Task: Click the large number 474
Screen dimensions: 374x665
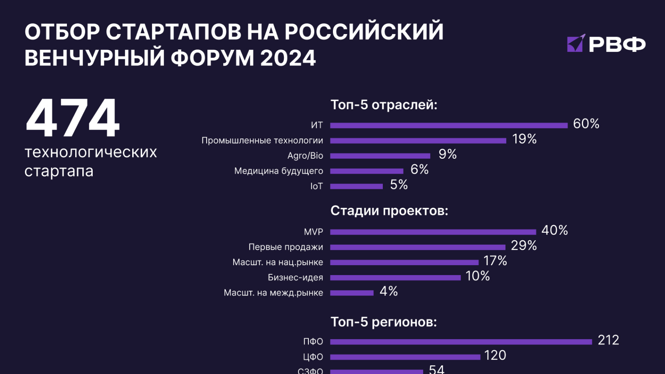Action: coord(73,118)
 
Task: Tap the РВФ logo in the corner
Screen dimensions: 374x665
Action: coord(606,44)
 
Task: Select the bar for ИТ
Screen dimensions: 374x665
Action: coord(449,125)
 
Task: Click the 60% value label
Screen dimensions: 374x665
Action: coord(586,124)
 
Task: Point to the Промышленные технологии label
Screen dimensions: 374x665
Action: coord(262,140)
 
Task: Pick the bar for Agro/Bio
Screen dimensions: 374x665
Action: coord(380,156)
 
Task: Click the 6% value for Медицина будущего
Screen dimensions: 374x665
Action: coord(419,170)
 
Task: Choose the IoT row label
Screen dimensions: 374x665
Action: coord(316,186)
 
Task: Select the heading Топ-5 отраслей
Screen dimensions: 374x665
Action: coord(384,105)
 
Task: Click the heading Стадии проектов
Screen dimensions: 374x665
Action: coord(389,211)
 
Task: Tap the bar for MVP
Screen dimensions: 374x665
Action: coord(433,232)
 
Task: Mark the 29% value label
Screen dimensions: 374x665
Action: coord(524,246)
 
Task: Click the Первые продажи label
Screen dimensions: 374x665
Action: coord(286,247)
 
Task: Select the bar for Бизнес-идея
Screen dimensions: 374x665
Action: coord(395,278)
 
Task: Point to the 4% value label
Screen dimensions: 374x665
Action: coord(389,291)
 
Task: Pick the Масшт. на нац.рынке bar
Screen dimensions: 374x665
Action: coord(404,262)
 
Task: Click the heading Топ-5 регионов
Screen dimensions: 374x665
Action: coord(384,322)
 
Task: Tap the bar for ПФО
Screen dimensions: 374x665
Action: coord(461,342)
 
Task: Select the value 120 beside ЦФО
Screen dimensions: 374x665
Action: coord(495,355)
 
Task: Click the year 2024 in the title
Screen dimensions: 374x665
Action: coord(288,58)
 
